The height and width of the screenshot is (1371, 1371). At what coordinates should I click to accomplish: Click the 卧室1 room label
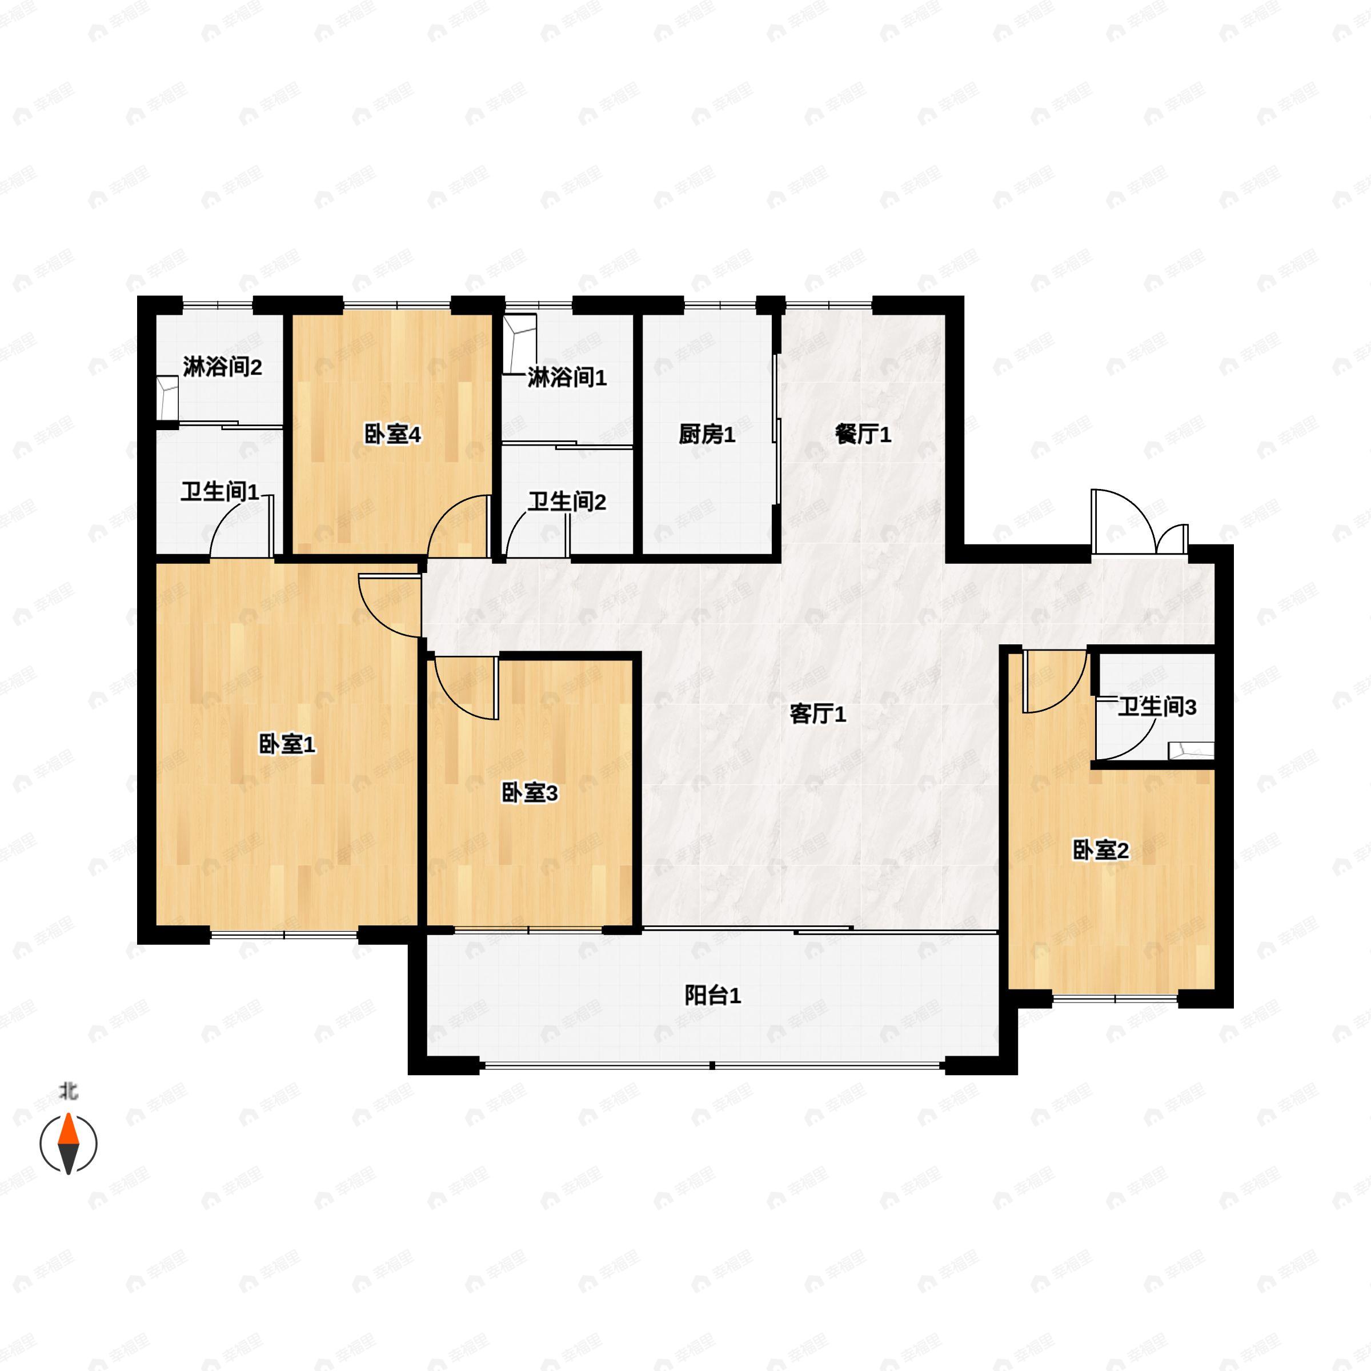click(287, 745)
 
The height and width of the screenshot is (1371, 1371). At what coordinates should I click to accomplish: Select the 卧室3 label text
click(530, 793)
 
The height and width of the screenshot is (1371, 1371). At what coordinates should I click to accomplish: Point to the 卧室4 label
click(392, 434)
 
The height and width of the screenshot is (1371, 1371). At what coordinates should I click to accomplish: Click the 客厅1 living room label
click(817, 715)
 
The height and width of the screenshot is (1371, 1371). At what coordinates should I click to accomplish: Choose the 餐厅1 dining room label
click(863, 434)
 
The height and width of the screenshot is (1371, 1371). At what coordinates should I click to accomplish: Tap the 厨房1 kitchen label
click(706, 434)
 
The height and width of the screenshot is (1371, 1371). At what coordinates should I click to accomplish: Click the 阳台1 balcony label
click(712, 996)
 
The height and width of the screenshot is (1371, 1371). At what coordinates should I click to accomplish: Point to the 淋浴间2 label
click(222, 367)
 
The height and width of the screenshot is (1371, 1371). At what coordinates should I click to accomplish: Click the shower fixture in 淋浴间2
click(167, 399)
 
